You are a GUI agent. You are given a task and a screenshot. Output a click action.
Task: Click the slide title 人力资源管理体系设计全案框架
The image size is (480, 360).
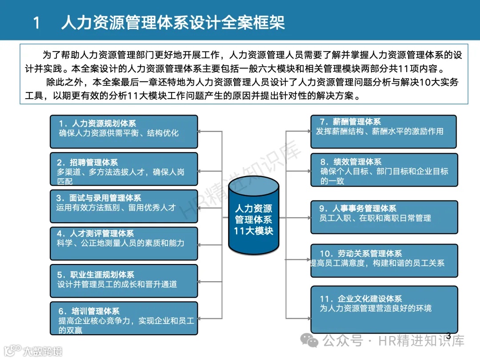pos(173,22)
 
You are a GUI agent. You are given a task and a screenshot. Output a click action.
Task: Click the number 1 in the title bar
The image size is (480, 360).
pos(37,23)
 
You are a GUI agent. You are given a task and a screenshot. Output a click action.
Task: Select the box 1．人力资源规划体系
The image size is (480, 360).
pos(124,132)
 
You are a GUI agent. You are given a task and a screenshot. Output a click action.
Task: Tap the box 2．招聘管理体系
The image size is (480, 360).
pos(124,169)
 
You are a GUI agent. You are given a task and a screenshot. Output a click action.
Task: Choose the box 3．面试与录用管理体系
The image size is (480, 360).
pos(124,206)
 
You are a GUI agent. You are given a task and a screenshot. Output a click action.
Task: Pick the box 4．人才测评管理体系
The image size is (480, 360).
pos(124,243)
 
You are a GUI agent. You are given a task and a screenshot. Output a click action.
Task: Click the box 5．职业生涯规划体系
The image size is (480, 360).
pos(124,281)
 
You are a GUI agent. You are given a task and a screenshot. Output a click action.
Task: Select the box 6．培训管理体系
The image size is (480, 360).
pos(124,318)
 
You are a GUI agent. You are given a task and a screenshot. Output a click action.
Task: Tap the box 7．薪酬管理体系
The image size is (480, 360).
pos(383,132)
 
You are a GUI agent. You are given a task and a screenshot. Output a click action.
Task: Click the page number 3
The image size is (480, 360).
pos(448,336)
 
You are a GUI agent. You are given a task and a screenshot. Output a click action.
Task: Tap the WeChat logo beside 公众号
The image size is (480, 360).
pos(309,341)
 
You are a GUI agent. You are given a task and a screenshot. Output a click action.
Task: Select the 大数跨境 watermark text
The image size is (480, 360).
pos(43,351)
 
